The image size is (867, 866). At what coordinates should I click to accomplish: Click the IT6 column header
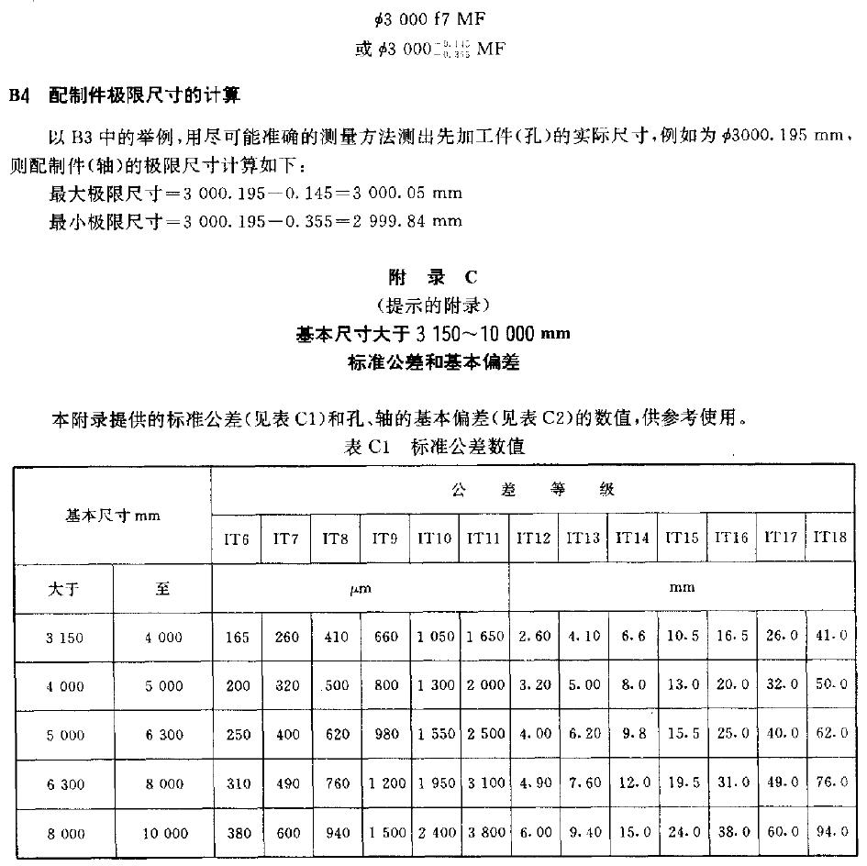coord(237,538)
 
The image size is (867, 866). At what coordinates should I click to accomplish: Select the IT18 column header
coord(829,538)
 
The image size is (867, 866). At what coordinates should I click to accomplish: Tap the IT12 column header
coord(533,538)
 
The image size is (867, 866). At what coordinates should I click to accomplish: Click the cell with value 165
coord(237,638)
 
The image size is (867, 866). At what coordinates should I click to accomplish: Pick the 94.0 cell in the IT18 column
coord(829,833)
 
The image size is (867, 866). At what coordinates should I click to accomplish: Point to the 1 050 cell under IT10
coord(435,638)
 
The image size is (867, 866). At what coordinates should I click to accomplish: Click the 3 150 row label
coord(64,638)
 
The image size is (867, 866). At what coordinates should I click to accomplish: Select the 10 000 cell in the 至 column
coord(163,833)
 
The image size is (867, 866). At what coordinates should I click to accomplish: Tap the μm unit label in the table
coord(360,588)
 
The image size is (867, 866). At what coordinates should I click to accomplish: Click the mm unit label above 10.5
coord(682,587)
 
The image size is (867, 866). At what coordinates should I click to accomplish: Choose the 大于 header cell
coord(63,588)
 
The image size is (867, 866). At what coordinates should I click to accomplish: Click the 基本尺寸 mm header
coord(113,516)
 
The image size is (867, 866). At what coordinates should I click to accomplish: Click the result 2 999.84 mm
coord(396,220)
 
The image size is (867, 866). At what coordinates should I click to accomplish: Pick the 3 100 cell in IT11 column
coord(484,784)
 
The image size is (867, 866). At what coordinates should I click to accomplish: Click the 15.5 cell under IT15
coord(682,735)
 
